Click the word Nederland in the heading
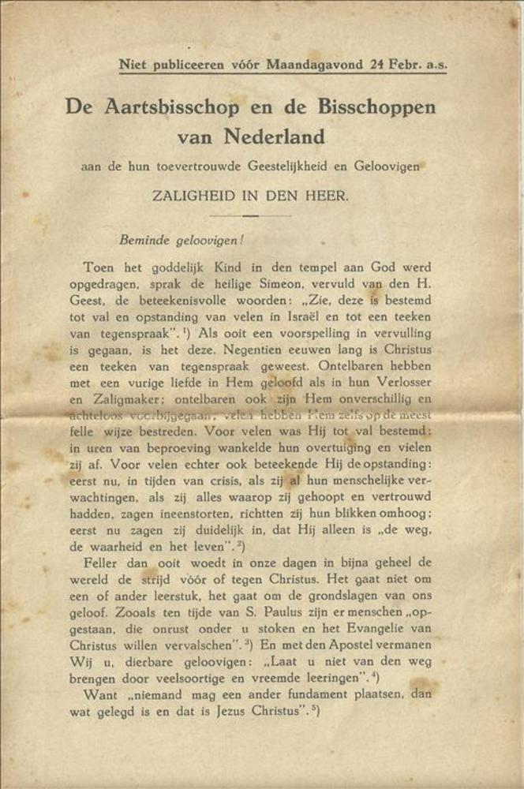coord(275,137)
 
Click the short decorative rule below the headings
coord(251,215)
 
